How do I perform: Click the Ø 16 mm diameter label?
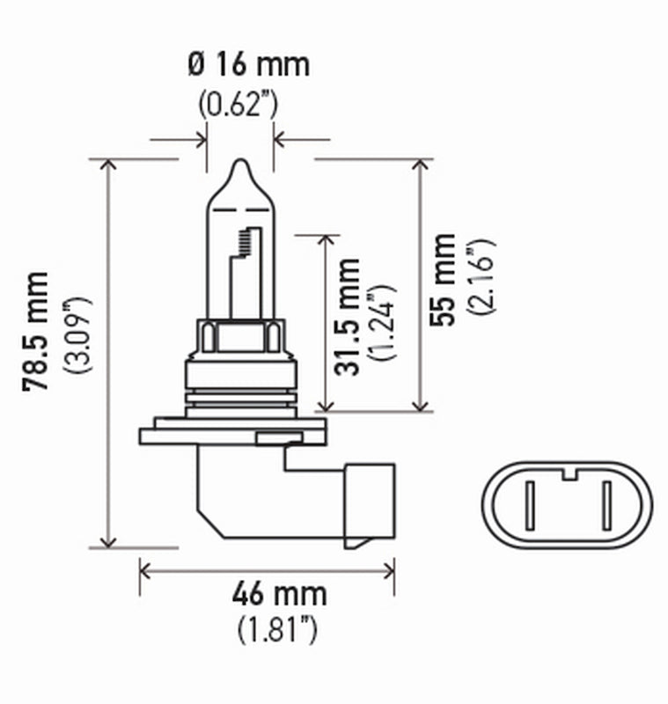[x=248, y=64]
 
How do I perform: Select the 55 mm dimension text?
[x=444, y=280]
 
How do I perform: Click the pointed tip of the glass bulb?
[x=239, y=165]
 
